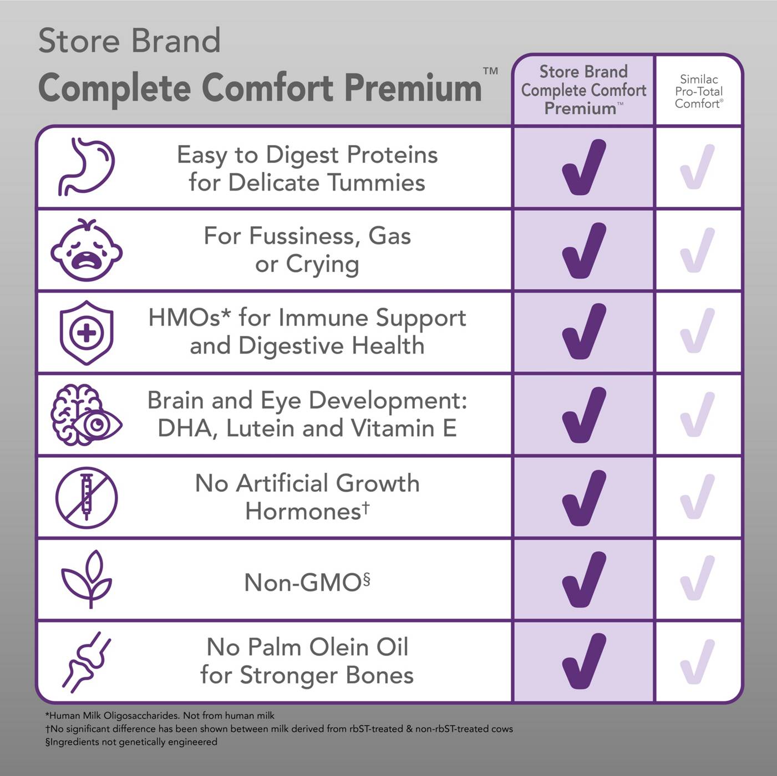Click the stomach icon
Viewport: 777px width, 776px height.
click(x=87, y=167)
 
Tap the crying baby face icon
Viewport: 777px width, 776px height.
click(x=87, y=249)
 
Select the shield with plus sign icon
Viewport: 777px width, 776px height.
click(x=87, y=333)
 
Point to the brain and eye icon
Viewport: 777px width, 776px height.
click(x=87, y=415)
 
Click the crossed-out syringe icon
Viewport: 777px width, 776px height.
click(x=87, y=497)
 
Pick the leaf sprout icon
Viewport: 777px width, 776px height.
click(x=87, y=579)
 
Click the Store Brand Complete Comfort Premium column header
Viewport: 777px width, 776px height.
click(x=583, y=90)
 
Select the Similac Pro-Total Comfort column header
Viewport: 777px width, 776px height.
click(x=699, y=91)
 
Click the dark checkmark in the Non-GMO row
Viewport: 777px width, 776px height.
click(x=583, y=579)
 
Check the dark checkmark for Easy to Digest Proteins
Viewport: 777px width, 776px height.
click(x=583, y=167)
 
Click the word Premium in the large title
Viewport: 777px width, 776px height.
click(x=413, y=88)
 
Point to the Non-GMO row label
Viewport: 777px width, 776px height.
click(x=307, y=583)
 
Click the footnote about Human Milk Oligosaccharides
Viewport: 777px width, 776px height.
click(x=160, y=716)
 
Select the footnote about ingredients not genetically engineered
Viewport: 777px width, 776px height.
click(x=131, y=742)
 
